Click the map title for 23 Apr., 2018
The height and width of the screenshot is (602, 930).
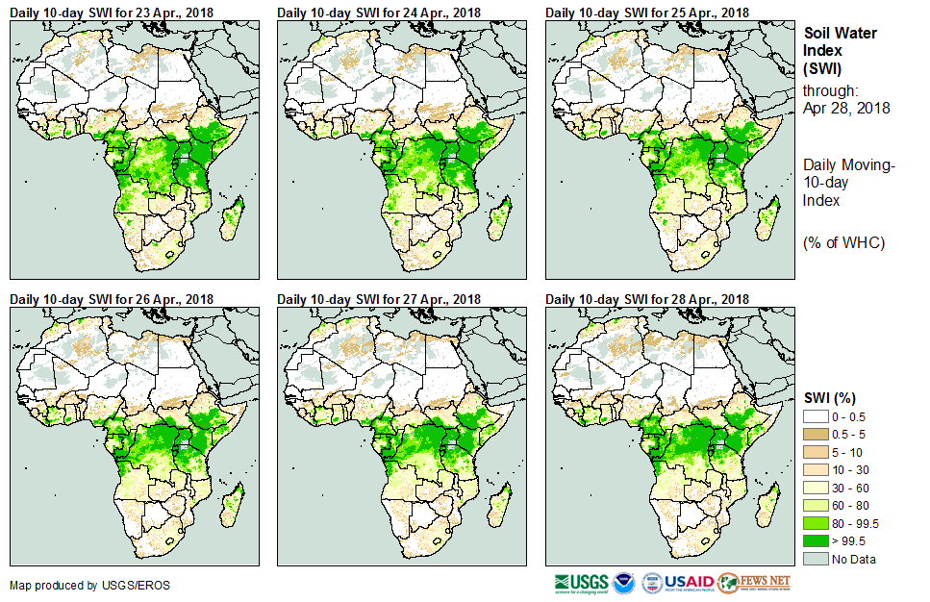(x=112, y=13)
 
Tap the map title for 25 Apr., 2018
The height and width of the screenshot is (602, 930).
(x=646, y=13)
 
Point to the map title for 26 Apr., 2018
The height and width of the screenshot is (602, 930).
(x=112, y=299)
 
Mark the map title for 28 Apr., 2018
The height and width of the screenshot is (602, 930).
(x=646, y=299)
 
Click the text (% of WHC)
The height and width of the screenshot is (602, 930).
(x=843, y=242)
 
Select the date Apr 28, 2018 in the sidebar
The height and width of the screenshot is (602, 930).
(x=846, y=108)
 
